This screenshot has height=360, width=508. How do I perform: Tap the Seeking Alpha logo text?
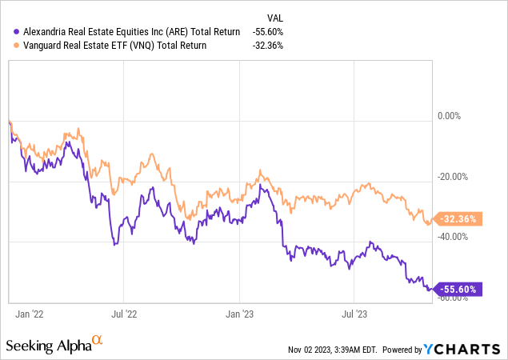pos(48,346)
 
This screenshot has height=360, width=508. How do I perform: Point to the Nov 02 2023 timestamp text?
pos(329,350)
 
